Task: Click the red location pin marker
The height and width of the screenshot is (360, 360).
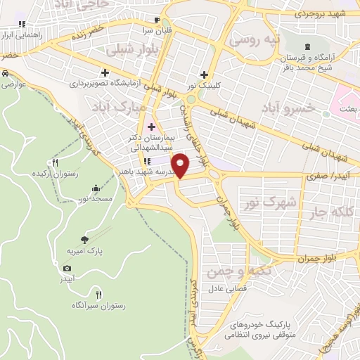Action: pos(182,166)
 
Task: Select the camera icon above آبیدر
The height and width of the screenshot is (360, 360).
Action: pos(67,268)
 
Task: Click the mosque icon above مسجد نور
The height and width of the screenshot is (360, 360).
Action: pos(96,188)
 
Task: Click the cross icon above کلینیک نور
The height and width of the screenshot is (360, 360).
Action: pos(204,75)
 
